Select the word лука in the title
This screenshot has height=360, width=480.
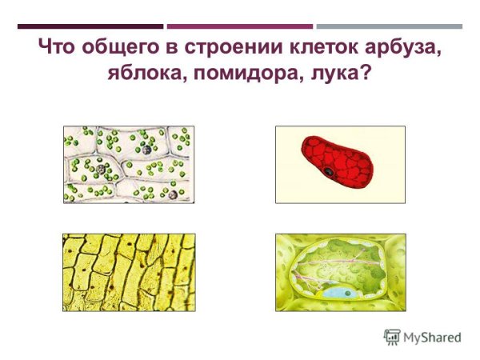[330, 74]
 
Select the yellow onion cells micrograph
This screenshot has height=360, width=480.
[129, 272]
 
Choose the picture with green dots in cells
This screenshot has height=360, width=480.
[129, 164]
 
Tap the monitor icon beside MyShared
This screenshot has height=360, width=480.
[392, 337]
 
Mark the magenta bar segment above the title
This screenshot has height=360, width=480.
[239, 26]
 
